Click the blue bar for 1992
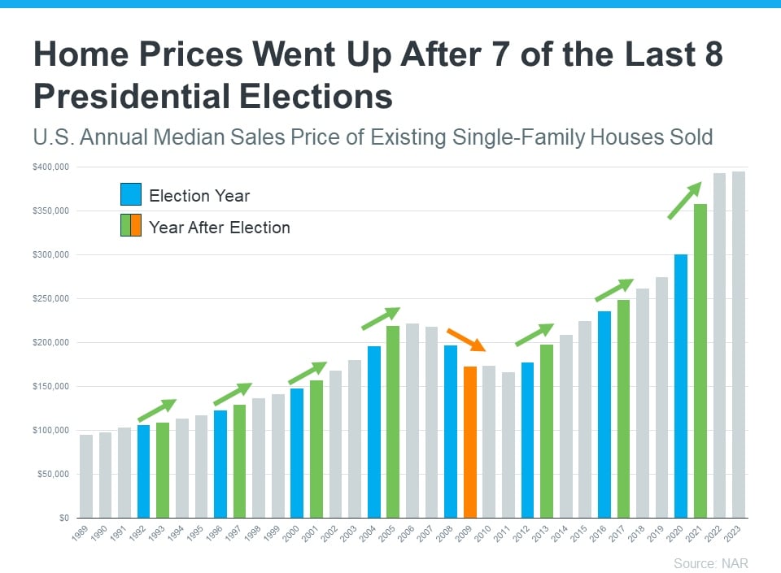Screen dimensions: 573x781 coord(144,471)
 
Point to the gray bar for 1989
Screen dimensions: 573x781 coord(86,476)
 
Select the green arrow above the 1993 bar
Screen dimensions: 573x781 coord(157,410)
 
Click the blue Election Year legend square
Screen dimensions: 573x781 coord(131,195)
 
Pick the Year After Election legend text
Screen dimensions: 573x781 coord(220,228)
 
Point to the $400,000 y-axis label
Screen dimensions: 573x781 coord(51,167)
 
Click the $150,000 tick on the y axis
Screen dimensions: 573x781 coord(51,386)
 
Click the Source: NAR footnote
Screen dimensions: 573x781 coord(710,563)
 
